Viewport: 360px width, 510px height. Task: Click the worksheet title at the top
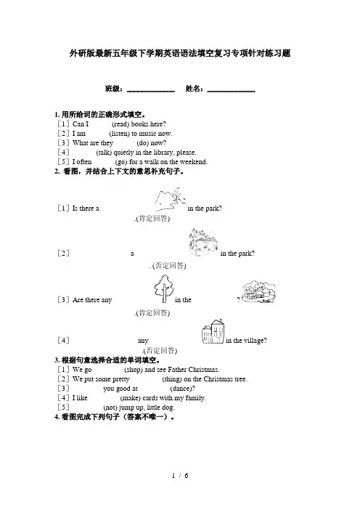coord(180,53)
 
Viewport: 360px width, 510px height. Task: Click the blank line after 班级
coord(151,92)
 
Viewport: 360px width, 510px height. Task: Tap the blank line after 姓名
coord(231,92)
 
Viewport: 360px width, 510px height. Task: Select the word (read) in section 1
coord(120,124)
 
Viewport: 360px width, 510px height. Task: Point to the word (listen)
coord(119,134)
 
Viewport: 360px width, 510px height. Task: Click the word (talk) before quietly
coord(104,153)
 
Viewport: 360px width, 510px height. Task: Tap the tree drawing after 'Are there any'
coord(163,289)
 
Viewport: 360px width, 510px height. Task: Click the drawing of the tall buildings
coord(213,331)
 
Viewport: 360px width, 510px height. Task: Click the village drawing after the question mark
coord(258,292)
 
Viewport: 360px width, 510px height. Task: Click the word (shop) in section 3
coord(134,370)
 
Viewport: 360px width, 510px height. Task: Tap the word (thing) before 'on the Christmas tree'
coord(172,379)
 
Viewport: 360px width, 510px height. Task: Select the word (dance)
coord(182,389)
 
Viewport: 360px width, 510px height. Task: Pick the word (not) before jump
coord(110,408)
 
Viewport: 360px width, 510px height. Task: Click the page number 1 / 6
coord(180,476)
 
